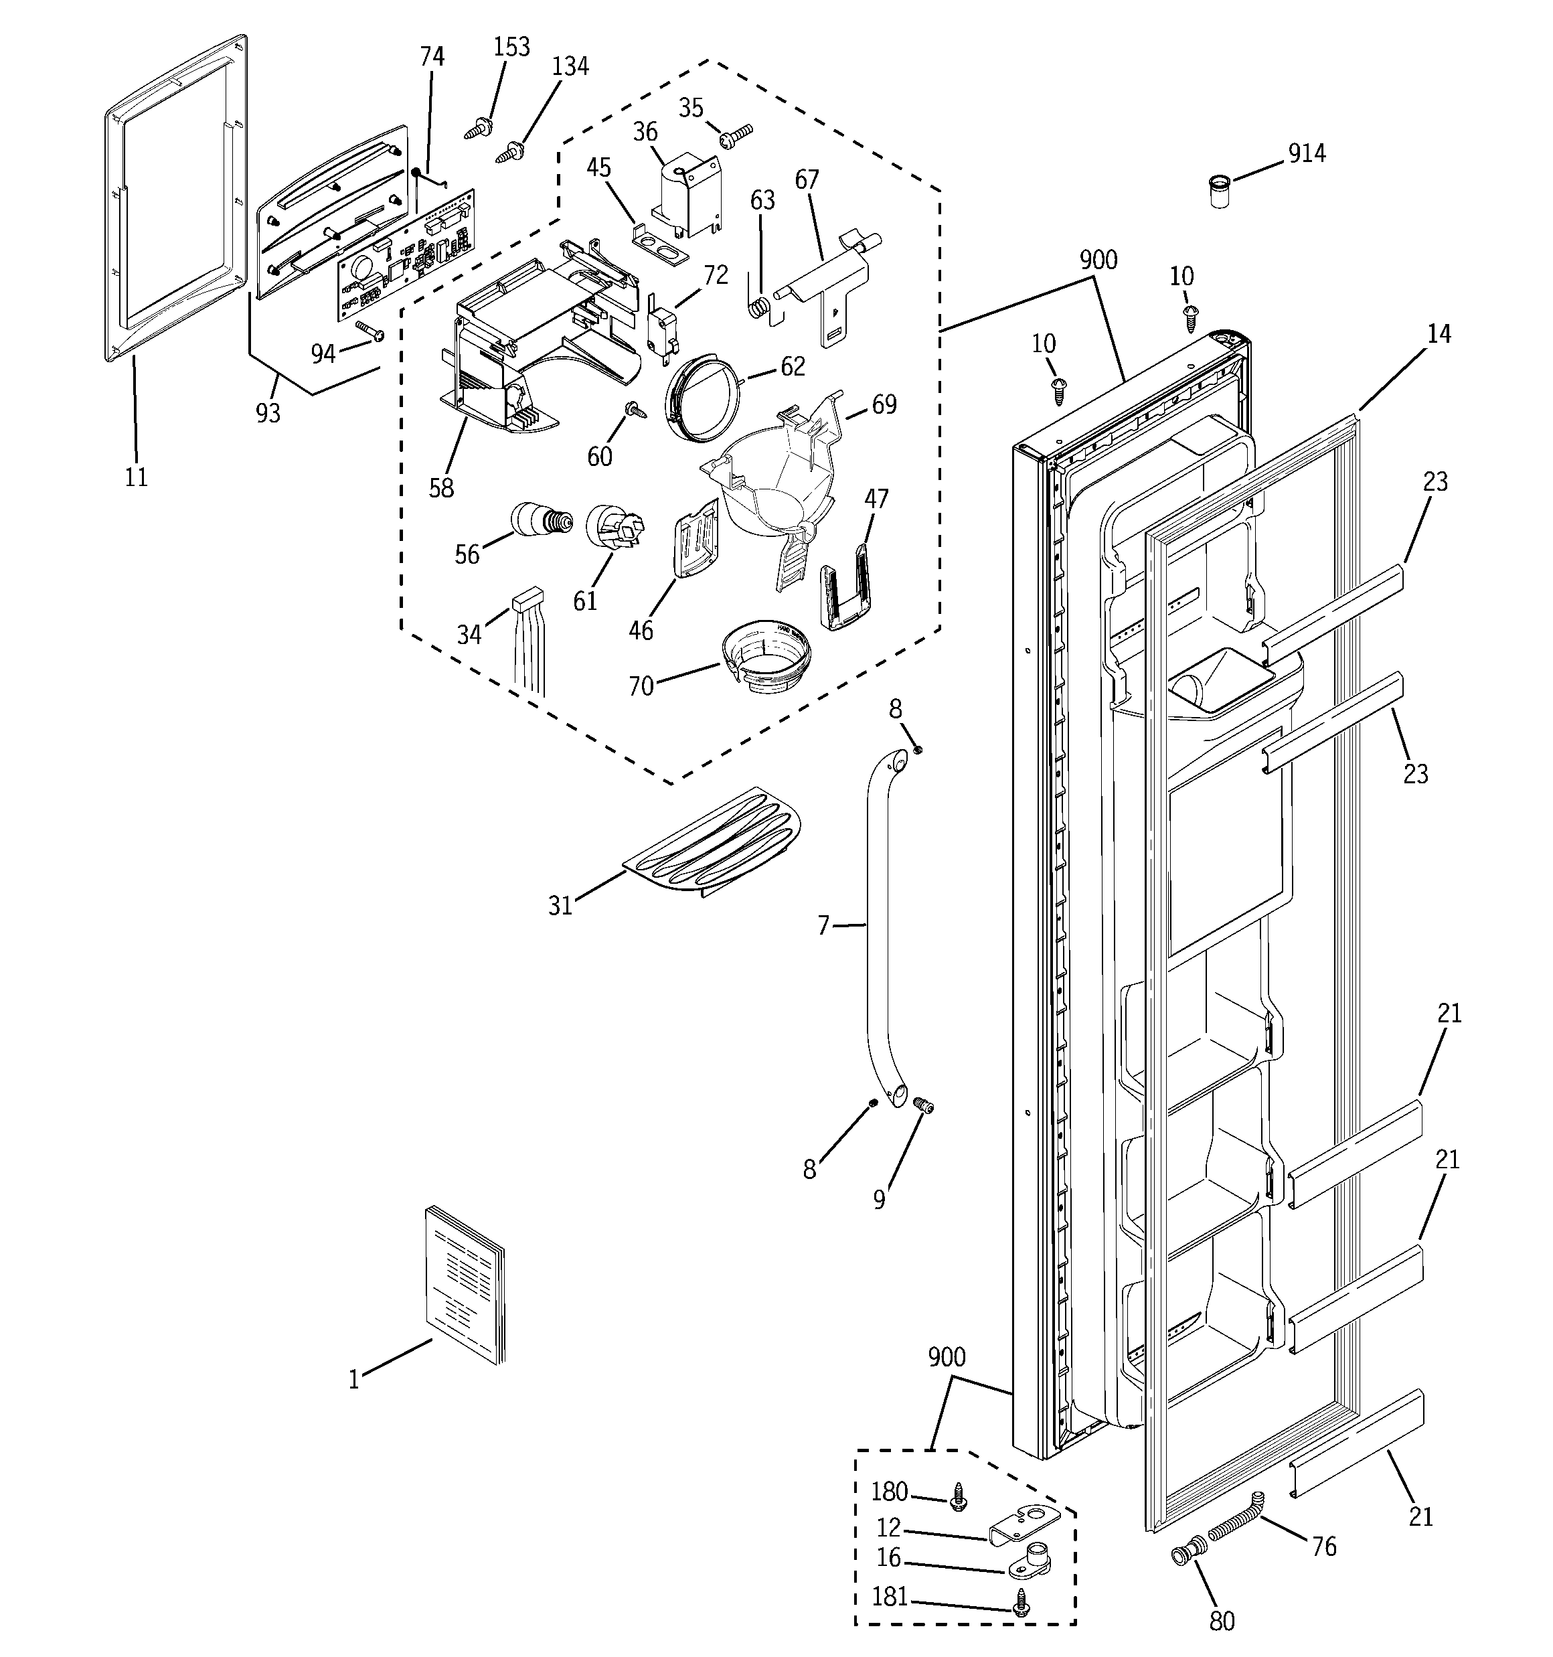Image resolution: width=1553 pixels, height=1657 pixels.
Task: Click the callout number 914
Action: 1306,153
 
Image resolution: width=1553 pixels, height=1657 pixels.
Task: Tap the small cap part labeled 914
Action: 1219,190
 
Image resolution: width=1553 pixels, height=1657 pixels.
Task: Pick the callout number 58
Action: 441,487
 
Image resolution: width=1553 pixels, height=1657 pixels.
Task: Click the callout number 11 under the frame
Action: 136,477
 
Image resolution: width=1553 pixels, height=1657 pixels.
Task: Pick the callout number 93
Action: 268,412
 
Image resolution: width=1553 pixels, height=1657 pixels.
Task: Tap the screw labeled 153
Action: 478,129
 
